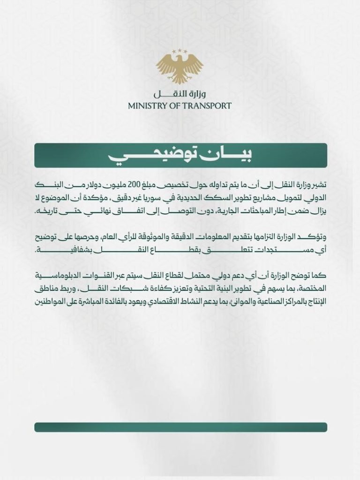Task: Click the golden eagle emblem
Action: point(180,68)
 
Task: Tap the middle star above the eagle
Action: point(180,50)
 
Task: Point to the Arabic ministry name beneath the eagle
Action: point(180,93)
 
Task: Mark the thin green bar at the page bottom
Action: point(180,427)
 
